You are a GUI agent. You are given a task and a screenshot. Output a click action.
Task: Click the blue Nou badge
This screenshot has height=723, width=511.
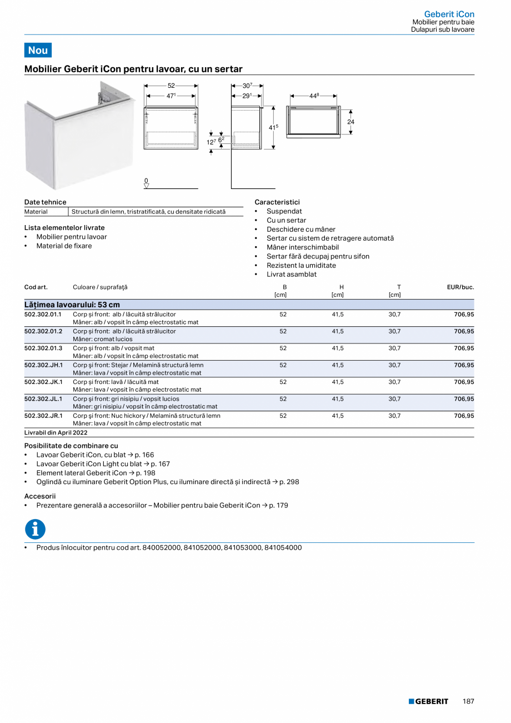[x=38, y=50]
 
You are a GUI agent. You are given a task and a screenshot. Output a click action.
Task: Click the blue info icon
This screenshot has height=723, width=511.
[x=35, y=530]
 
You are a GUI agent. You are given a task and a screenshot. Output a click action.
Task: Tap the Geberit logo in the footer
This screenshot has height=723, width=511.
[x=428, y=701]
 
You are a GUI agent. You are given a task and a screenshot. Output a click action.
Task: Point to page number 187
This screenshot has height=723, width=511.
[x=468, y=701]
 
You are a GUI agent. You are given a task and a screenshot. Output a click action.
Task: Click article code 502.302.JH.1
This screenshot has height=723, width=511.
[x=43, y=365]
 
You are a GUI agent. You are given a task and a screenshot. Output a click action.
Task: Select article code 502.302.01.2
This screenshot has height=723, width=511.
[x=43, y=331]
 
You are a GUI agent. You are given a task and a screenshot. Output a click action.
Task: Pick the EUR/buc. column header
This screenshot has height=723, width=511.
[x=460, y=287]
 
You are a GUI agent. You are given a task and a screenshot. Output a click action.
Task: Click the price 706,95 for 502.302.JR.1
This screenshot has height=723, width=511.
[x=464, y=416]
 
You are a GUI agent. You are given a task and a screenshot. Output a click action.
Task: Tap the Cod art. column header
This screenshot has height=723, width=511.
[x=36, y=287]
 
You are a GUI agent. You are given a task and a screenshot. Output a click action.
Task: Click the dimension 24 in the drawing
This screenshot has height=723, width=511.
[x=350, y=122]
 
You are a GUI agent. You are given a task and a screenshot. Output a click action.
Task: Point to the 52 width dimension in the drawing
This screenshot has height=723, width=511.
[x=171, y=86]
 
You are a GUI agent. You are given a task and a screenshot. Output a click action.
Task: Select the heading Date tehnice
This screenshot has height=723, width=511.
[x=45, y=202]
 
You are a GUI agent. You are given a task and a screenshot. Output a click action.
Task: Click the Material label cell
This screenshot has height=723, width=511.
[x=36, y=212]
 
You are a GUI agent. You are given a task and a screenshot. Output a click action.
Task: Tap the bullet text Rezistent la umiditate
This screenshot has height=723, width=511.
[x=301, y=266]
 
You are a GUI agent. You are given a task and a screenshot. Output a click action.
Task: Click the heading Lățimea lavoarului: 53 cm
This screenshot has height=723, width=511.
[x=72, y=305]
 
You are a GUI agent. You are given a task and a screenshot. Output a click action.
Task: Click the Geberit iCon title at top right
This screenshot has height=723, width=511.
[x=449, y=14]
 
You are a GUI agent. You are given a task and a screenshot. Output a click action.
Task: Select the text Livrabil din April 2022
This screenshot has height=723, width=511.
[x=56, y=432]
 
